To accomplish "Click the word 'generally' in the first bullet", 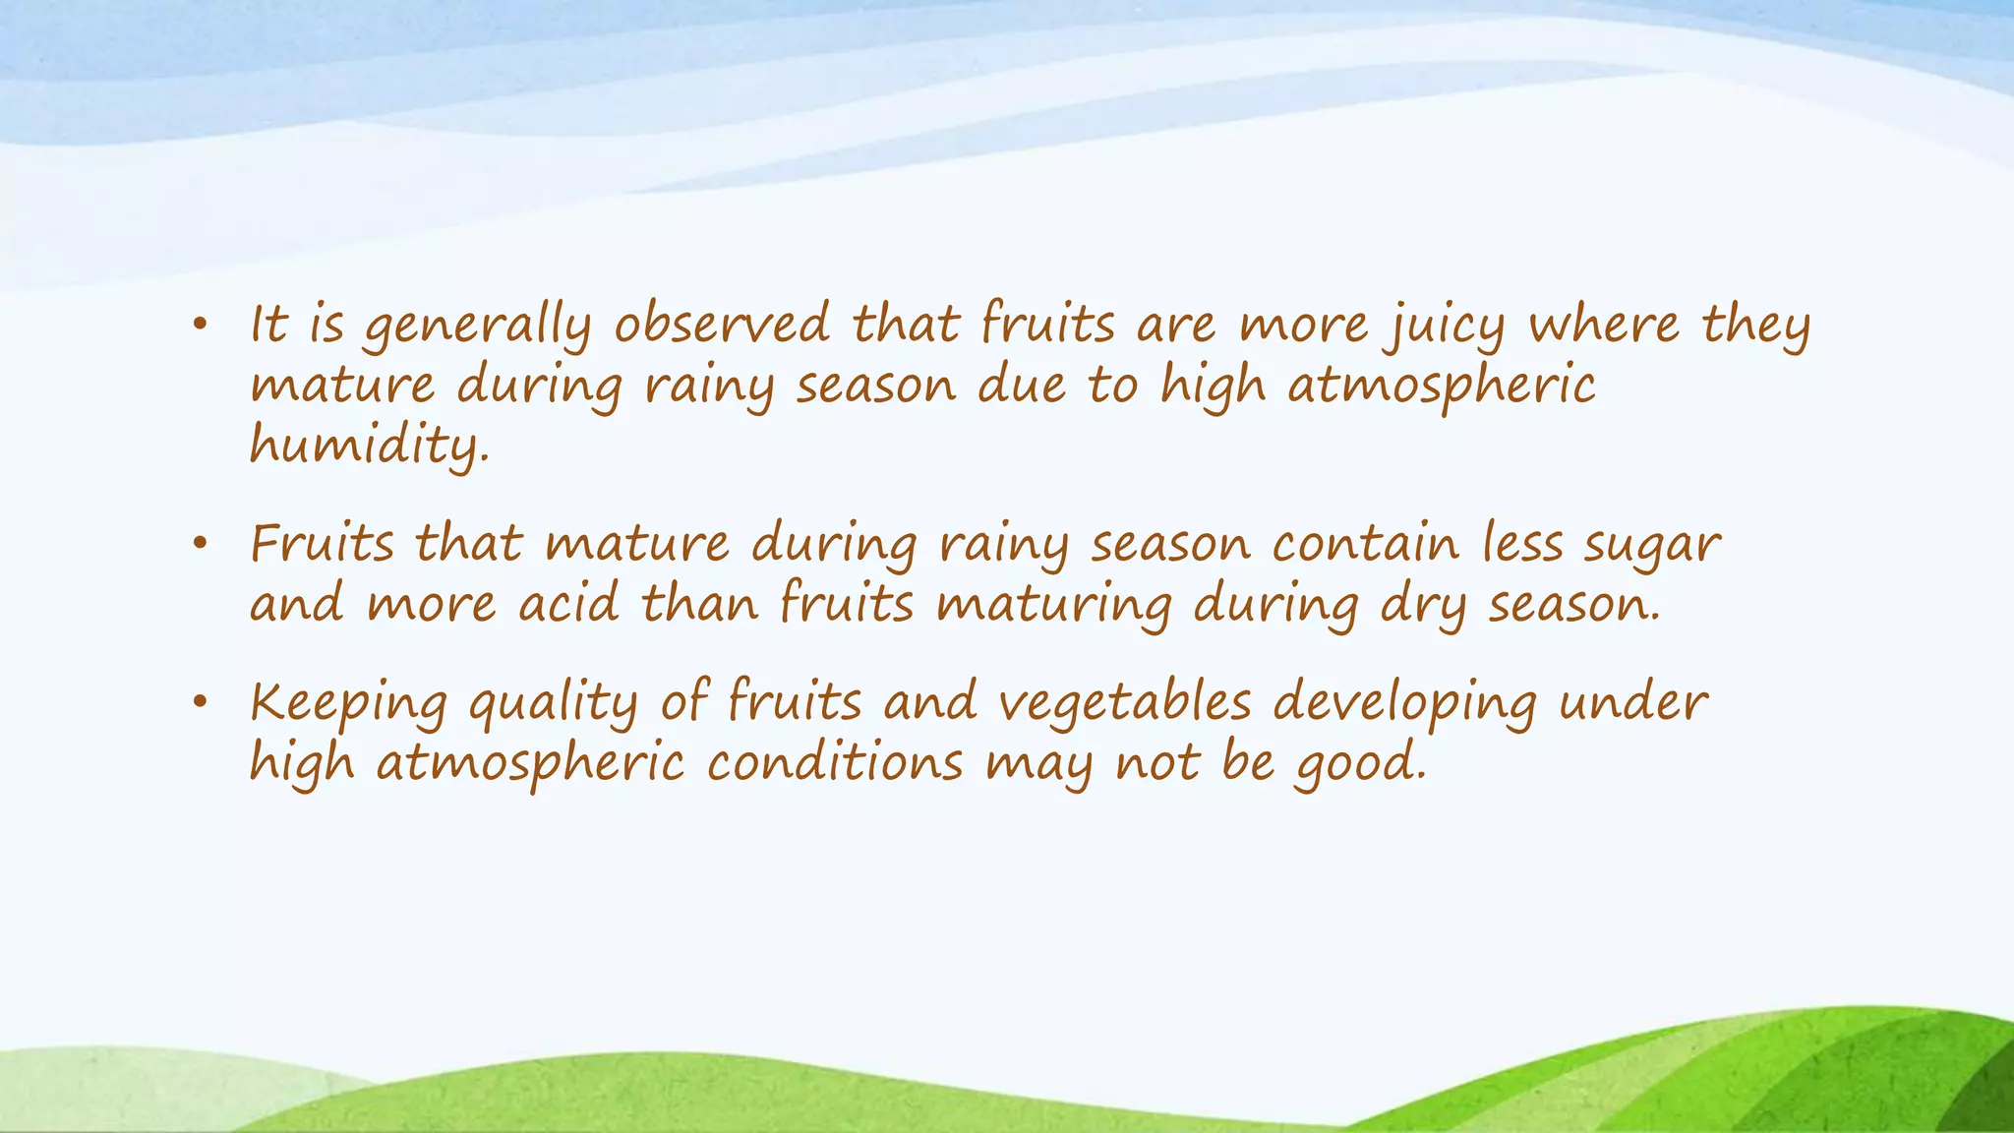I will tap(478, 326).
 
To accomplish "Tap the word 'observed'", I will tap(722, 324).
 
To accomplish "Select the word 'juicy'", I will tap(1445, 326).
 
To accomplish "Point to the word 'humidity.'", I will tap(369, 446).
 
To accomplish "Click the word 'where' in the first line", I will tap(1603, 324).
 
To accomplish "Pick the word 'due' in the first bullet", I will tap(1022, 385).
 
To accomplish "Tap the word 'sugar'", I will tap(1651, 546).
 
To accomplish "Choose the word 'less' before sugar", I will tap(1522, 543).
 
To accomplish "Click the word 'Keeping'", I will tap(348, 704).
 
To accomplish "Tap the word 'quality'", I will tap(553, 704).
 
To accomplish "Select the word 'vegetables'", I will tap(1125, 702).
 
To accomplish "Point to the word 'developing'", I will tap(1404, 704).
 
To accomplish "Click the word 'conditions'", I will tap(835, 763).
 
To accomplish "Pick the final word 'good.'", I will tap(1360, 764).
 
